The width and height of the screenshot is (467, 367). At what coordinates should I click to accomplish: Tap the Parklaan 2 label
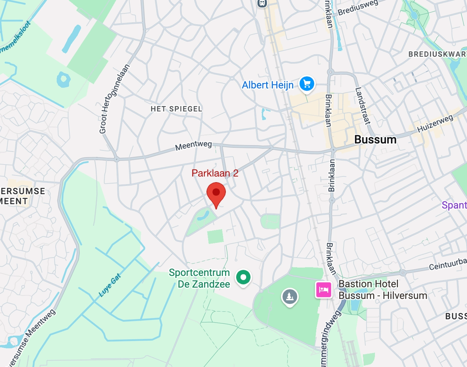215,173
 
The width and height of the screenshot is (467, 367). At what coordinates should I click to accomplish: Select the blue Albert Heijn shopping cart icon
307,84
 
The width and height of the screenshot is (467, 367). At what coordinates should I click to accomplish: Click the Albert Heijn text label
268,85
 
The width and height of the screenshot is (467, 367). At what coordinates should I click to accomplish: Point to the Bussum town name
375,139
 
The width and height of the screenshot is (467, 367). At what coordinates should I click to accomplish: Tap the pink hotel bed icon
323,289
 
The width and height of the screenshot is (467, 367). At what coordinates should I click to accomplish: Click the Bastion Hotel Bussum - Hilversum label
383,290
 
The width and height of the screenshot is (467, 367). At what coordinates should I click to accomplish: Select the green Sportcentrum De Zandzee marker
243,277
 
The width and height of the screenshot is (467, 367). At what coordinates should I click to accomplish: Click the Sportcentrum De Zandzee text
199,278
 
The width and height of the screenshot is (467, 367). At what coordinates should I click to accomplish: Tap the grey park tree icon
290,296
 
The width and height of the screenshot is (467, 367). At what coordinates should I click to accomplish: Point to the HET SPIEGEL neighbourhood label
176,109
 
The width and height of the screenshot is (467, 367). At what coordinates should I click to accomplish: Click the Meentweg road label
193,145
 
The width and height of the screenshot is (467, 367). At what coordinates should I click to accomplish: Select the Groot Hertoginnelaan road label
114,99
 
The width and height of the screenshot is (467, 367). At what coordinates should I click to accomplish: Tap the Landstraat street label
363,106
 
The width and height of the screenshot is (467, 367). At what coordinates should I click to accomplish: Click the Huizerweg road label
435,123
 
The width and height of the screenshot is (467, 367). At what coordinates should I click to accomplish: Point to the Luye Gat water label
110,285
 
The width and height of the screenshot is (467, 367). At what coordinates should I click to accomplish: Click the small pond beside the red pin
203,215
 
